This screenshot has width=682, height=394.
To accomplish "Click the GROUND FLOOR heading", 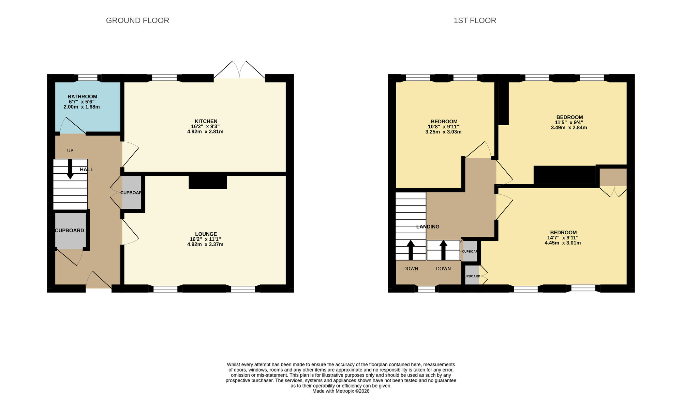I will [137, 20].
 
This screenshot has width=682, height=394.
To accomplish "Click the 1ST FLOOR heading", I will [475, 20].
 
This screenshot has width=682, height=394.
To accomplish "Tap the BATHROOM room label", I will [82, 97].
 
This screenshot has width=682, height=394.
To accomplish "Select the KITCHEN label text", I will [206, 121].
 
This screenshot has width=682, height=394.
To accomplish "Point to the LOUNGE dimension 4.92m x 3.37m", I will [205, 244].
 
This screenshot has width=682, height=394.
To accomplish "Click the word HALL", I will [87, 170].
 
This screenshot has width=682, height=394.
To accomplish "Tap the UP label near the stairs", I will [70, 151].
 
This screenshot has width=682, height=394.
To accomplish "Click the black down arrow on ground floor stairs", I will [70, 169].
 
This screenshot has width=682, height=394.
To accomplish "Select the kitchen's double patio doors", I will [239, 70].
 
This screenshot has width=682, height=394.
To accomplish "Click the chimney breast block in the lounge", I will [208, 182].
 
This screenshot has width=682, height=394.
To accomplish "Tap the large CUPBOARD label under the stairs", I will [70, 231].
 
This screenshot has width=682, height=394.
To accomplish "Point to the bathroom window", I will [88, 78].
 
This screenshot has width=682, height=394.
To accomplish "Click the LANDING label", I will [428, 226].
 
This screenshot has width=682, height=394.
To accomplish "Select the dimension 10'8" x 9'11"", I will [443, 127].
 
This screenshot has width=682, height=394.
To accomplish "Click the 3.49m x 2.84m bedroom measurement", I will [569, 128].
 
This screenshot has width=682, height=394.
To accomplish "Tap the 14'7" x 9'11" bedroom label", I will [563, 238].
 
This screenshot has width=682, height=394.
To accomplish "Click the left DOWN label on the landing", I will [411, 269].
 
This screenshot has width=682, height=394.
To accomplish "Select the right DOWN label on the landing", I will [443, 269].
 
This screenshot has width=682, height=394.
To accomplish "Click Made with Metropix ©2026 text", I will [341, 391].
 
